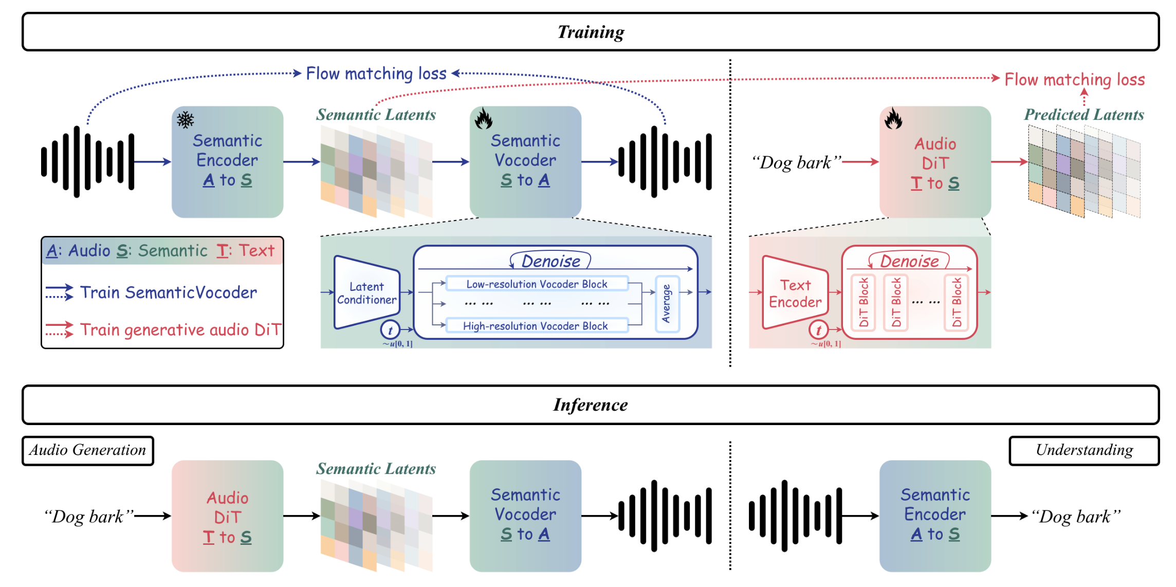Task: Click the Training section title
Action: tap(591, 32)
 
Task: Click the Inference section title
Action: tap(591, 405)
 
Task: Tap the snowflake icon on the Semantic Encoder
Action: tap(186, 120)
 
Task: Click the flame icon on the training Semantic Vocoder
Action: tap(483, 119)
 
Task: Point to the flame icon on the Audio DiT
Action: tap(893, 119)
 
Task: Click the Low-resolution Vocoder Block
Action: tap(537, 284)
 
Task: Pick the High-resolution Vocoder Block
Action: tap(535, 326)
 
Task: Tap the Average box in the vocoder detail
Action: tap(667, 304)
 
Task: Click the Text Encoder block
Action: tap(795, 293)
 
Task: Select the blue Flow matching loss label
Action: tap(376, 74)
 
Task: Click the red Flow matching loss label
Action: tap(1075, 80)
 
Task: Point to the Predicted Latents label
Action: tap(1084, 115)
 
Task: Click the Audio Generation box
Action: tap(88, 450)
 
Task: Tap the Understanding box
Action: tap(1084, 450)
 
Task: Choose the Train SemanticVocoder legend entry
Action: tap(168, 292)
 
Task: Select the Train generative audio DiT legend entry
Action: tap(180, 329)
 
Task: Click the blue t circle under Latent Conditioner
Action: tap(390, 330)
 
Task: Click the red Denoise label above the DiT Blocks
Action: tap(909, 261)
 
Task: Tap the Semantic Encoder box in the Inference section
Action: tap(935, 515)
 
